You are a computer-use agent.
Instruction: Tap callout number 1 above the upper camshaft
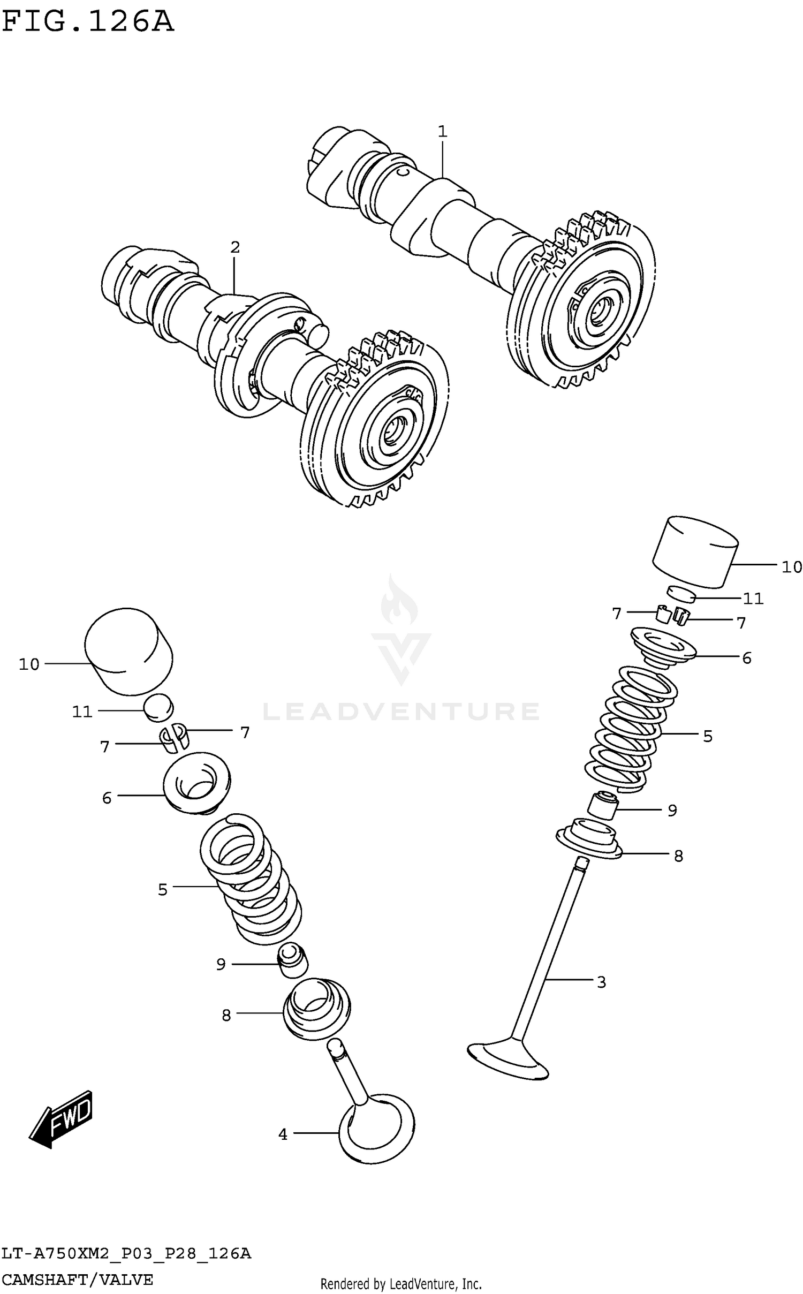coord(442,131)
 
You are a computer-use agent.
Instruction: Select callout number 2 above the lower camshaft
coord(234,247)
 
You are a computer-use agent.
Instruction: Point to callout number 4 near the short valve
coord(283,1134)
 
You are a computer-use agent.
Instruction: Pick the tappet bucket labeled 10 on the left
coord(129,651)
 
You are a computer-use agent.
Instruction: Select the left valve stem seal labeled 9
coord(292,963)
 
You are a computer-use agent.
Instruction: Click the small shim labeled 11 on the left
coord(158,707)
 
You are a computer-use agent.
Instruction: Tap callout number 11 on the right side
coord(753,599)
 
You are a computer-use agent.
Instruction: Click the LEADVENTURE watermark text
coord(400,712)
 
